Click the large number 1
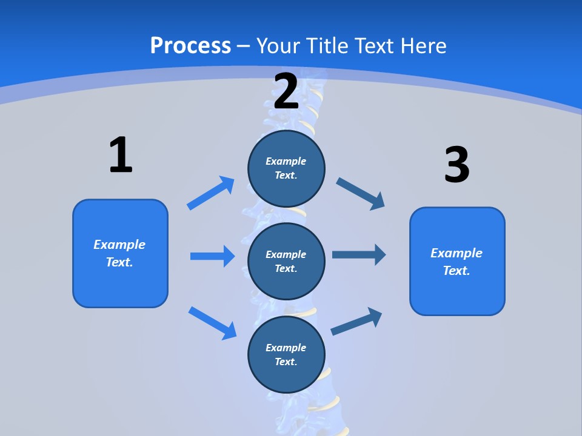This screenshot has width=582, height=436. pyautogui.click(x=121, y=155)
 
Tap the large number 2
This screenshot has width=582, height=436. pyautogui.click(x=286, y=91)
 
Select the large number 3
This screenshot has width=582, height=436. pyautogui.click(x=457, y=165)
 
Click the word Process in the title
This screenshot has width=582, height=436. pyautogui.click(x=190, y=45)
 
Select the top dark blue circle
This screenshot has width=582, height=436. pyautogui.click(x=286, y=168)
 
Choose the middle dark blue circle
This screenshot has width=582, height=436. pyautogui.click(x=286, y=261)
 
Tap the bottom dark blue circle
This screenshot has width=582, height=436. pyautogui.click(x=286, y=354)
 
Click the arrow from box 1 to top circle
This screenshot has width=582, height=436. pyautogui.click(x=211, y=193)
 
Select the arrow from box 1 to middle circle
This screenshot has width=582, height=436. pyautogui.click(x=212, y=256)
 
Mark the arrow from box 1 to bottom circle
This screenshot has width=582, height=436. pyautogui.click(x=212, y=323)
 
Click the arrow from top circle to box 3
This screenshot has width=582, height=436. pyautogui.click(x=360, y=194)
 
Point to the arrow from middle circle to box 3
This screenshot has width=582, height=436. pyautogui.click(x=359, y=255)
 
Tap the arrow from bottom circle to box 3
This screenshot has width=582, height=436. pyautogui.click(x=356, y=322)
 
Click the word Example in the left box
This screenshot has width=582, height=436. pyautogui.click(x=119, y=245)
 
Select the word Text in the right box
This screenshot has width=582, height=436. pyautogui.click(x=456, y=271)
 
